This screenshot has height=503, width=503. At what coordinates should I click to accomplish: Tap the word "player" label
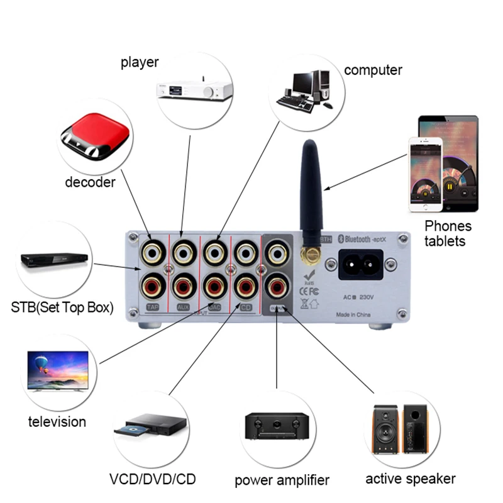140,62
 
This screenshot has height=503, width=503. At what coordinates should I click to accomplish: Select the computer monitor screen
302,82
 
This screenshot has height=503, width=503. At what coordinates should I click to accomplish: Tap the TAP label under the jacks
153,307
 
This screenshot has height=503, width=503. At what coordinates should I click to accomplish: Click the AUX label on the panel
184,307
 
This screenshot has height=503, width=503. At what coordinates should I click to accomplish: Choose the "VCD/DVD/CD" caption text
152,479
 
